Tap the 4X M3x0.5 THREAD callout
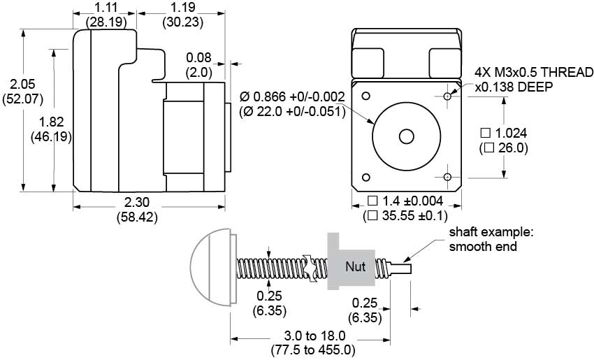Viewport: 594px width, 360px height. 533,72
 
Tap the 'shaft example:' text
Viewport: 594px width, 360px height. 483,232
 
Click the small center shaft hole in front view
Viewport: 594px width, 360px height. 405,136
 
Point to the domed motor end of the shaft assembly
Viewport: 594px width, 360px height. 210,266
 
